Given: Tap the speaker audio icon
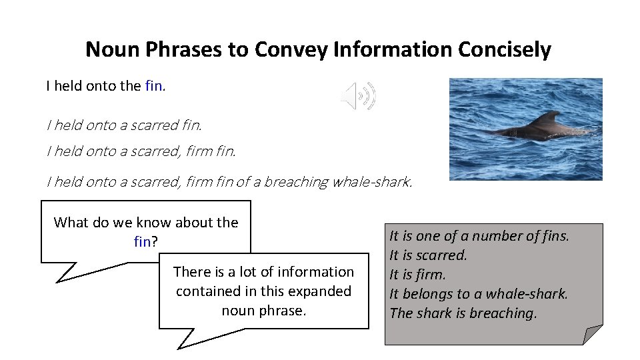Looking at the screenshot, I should point(358,96).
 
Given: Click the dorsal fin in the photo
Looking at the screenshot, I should point(549,119).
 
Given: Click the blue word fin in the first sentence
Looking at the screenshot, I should point(153,86).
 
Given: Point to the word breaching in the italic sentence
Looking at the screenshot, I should point(297,181).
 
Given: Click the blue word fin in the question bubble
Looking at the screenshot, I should point(142,241).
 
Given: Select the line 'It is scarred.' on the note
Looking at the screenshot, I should point(428,255).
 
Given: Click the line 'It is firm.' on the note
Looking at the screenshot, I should point(417,275).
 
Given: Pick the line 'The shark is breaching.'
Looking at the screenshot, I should point(463,313).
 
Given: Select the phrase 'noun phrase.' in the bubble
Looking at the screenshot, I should point(263,311).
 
